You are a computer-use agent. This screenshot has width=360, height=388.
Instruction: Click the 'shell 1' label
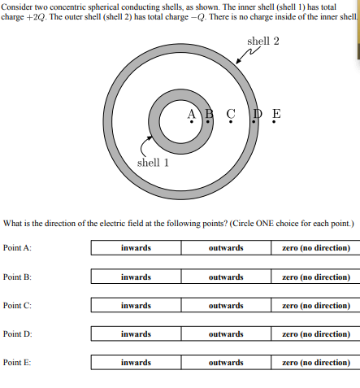154,162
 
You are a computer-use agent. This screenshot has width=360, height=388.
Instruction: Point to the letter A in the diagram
191,113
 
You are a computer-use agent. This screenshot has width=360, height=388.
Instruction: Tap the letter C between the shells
231,113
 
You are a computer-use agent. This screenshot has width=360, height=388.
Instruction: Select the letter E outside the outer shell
276,113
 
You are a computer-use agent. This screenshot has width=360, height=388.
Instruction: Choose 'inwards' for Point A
136,248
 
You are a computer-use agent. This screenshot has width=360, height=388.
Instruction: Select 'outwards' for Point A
226,248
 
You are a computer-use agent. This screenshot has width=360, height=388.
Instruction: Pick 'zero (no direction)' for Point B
316,277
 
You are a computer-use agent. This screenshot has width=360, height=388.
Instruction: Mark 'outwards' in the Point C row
226,305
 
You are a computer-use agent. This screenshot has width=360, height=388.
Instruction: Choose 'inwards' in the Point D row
136,334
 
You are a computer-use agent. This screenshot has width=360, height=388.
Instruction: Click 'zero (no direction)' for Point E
316,362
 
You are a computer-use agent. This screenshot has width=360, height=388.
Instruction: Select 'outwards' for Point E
226,362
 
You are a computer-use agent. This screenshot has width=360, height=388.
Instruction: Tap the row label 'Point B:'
17,277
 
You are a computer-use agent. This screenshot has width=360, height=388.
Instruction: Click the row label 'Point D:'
17,334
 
